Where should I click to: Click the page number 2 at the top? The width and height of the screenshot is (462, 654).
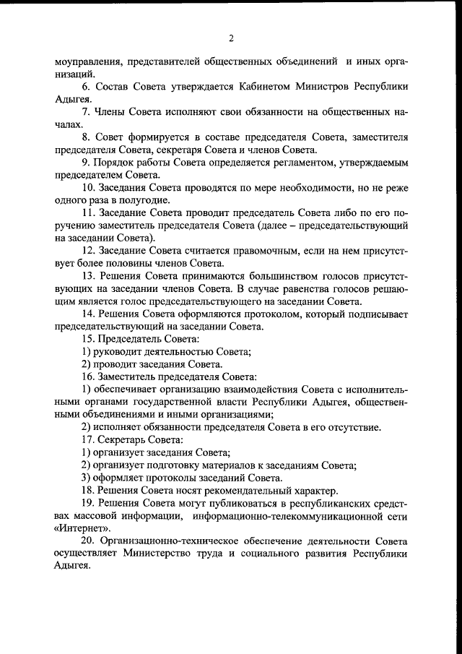coord(231,38)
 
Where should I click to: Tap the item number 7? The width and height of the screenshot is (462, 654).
coord(86,112)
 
